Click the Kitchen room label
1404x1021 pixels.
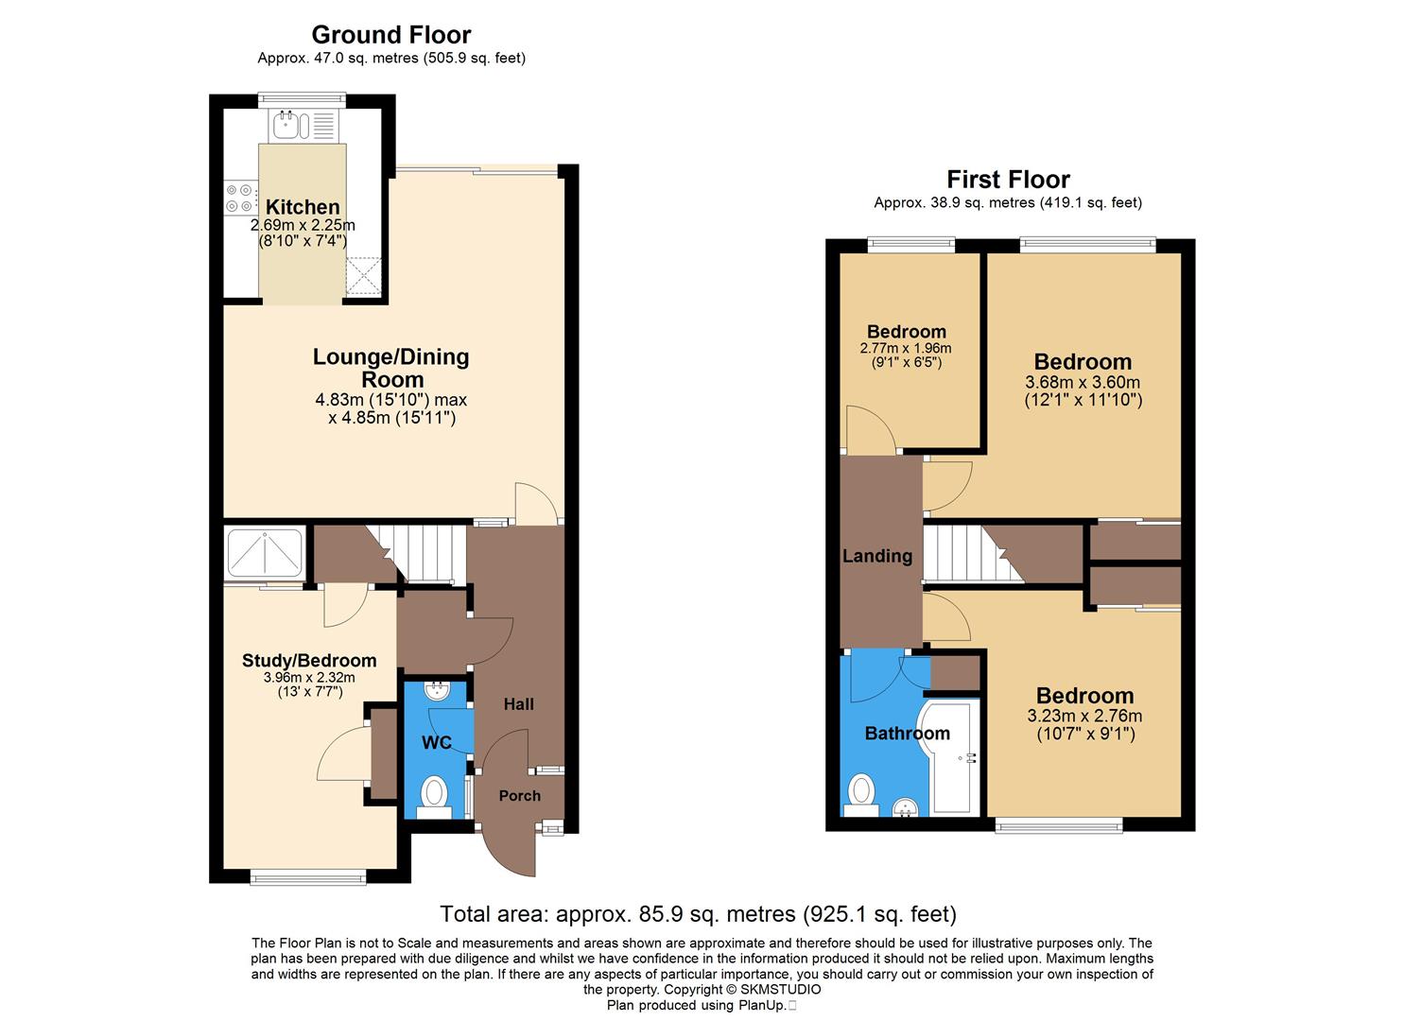click(x=303, y=207)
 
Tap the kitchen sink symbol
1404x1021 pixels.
click(x=286, y=124)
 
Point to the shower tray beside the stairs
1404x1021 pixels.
click(x=265, y=553)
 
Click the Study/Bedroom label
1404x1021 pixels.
click(x=309, y=661)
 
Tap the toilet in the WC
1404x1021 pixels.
click(x=434, y=792)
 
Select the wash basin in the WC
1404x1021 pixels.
click(x=438, y=692)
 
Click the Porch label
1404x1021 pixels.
click(x=519, y=796)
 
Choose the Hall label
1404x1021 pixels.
click(x=518, y=704)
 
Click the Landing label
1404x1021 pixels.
click(x=877, y=556)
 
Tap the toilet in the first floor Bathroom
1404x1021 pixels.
click(x=861, y=792)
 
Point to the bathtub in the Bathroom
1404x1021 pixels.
click(x=955, y=756)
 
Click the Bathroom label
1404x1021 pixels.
click(x=907, y=734)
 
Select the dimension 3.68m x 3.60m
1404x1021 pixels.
click(x=1083, y=383)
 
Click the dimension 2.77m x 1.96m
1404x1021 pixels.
click(x=906, y=349)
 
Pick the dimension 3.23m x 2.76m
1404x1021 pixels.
click(x=1084, y=717)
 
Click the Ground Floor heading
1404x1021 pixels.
click(x=391, y=35)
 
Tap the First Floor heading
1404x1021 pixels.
click(x=1008, y=180)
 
